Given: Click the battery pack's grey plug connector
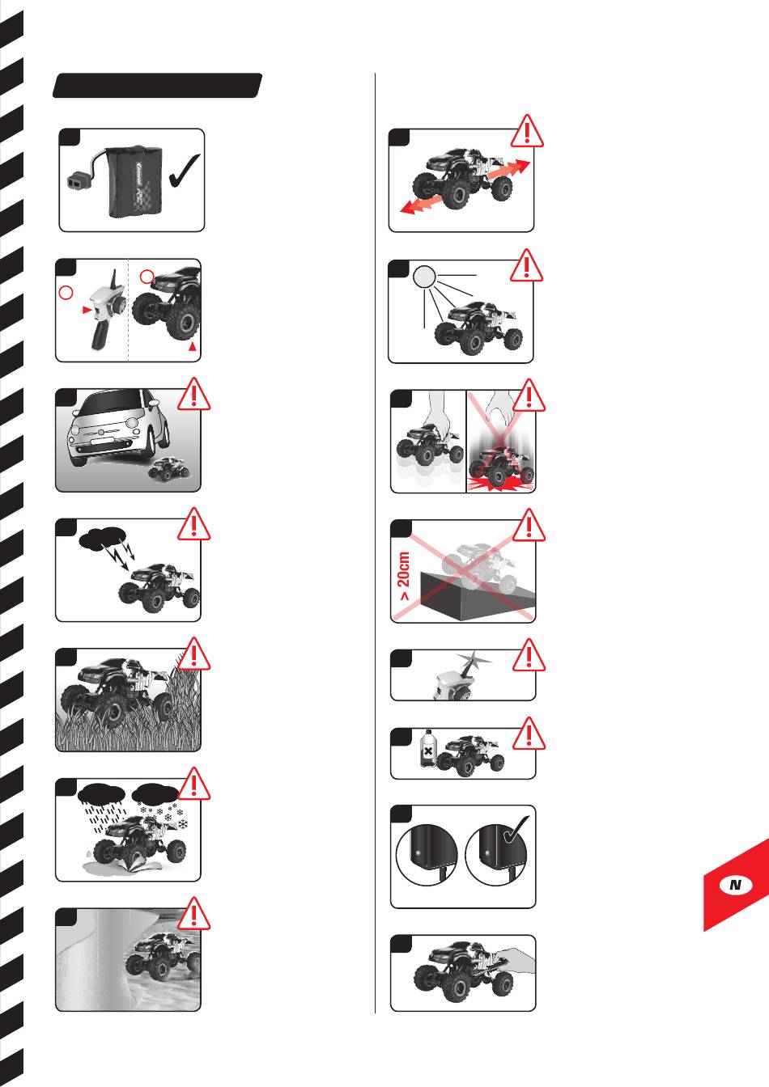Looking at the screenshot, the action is (x=78, y=180).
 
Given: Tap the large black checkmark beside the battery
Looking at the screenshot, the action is (x=185, y=171).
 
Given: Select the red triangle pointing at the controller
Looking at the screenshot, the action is (x=87, y=310).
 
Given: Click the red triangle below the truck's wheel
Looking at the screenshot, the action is (x=193, y=346).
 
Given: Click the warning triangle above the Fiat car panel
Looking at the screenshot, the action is (x=193, y=394).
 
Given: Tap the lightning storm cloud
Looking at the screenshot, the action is (x=103, y=537).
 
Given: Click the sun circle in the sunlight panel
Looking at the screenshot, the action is (x=424, y=277).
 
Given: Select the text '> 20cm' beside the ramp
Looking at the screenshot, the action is (x=404, y=576).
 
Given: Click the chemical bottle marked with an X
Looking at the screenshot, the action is (x=427, y=749).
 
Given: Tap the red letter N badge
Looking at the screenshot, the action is (x=736, y=884).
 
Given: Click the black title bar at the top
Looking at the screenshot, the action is (x=157, y=86).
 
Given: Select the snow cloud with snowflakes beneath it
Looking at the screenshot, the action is (x=155, y=794).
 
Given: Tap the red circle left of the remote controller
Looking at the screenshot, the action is (x=66, y=293).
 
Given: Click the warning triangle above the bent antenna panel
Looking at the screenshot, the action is (x=529, y=655).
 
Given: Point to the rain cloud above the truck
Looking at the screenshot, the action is (x=101, y=794).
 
